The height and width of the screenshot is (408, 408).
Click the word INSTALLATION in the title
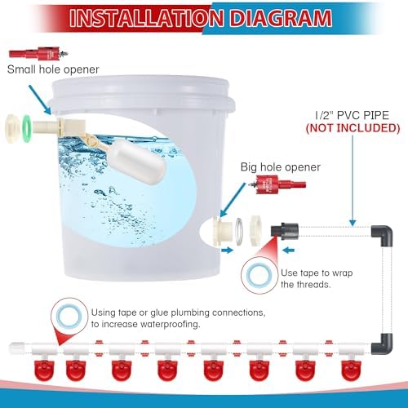pyautogui.click(x=146, y=18)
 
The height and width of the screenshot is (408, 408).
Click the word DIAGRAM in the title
pyautogui.click(x=281, y=18)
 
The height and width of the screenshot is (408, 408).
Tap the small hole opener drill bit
pyautogui.click(x=38, y=53)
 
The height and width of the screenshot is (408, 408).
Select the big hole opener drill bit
pyautogui.click(x=277, y=184)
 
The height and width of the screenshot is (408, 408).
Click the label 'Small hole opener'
pyautogui.click(x=53, y=69)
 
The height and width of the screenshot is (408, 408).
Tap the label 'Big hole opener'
pyautogui.click(x=281, y=167)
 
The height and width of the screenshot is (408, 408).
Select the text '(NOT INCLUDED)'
pyautogui.click(x=353, y=128)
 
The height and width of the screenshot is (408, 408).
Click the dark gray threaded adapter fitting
pyautogui.click(x=285, y=231)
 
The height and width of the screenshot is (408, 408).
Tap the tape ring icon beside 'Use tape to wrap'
pyautogui.click(x=259, y=275)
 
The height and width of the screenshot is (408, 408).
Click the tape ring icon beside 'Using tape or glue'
pyautogui.click(x=69, y=316)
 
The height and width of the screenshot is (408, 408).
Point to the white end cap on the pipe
pyautogui.click(x=16, y=348)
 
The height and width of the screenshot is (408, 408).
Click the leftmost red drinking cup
pyautogui.click(x=44, y=370)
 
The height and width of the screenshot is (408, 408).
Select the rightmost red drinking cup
pyautogui.click(x=352, y=370)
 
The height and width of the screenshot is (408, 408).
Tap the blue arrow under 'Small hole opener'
pyautogui.click(x=40, y=100)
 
